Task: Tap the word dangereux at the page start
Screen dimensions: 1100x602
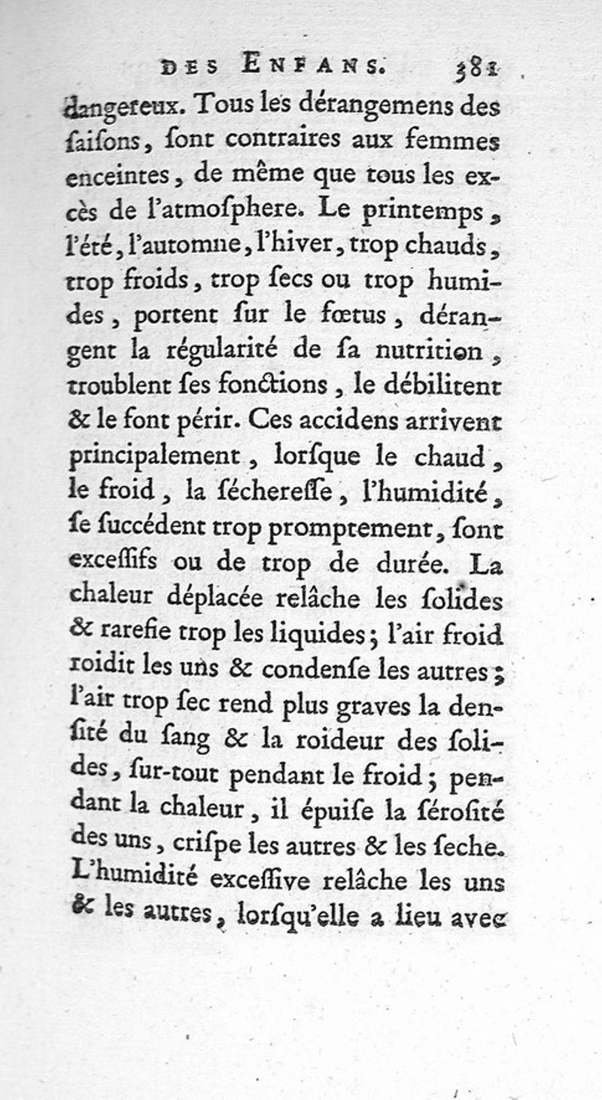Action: (121, 108)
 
